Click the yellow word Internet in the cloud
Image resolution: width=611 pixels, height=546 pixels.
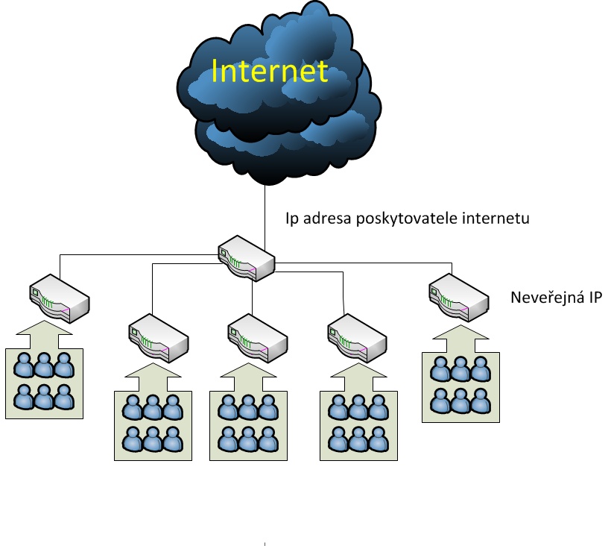270,71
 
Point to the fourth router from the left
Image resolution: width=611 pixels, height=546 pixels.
357,336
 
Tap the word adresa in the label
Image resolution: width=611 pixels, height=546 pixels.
324,220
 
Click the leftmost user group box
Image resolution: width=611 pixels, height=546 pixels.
45,382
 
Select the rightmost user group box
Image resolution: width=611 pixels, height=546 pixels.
461,386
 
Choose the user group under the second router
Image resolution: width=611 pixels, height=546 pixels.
153,427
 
